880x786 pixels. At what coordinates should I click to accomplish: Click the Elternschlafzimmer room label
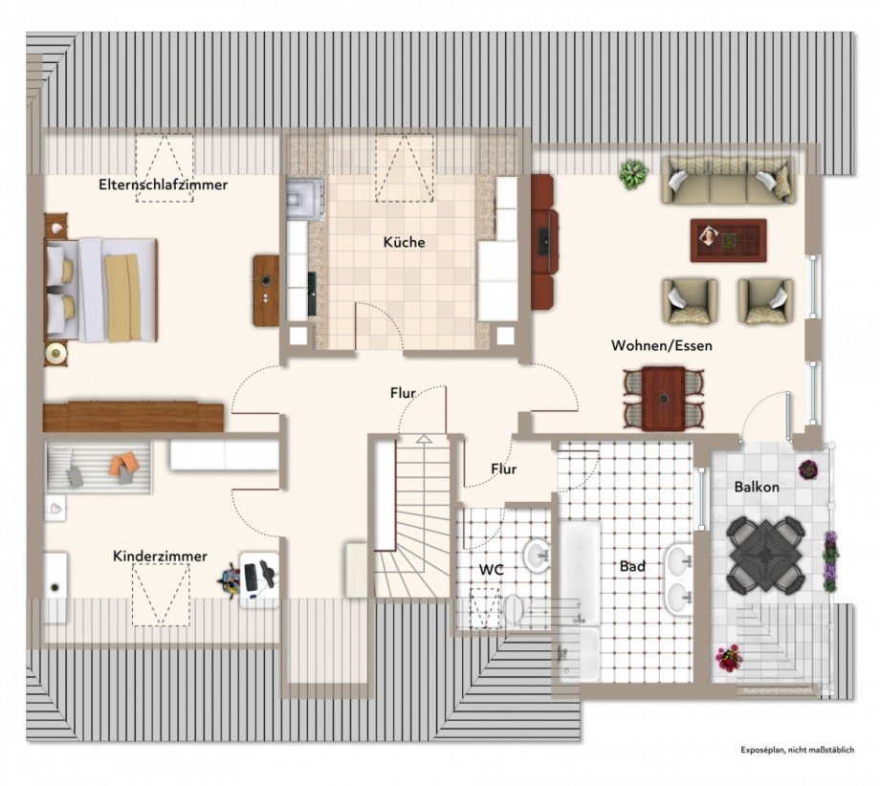click(163, 185)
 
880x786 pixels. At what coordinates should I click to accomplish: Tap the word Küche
click(404, 242)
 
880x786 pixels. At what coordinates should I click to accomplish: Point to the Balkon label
click(757, 487)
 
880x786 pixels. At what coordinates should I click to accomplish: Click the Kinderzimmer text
click(160, 556)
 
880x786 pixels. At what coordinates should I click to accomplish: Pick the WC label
click(492, 569)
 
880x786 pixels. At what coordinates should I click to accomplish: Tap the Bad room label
click(632, 566)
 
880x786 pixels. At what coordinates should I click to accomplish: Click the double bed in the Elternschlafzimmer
click(101, 290)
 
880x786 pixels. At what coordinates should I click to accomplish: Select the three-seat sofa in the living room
click(728, 180)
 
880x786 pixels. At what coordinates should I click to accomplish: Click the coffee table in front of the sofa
click(728, 239)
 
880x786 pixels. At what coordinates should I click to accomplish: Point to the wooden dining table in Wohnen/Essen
click(663, 399)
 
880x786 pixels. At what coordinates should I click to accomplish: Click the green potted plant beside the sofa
click(632, 175)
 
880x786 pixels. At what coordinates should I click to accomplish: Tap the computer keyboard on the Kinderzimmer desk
click(251, 576)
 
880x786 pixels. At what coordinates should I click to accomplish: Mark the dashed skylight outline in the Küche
click(405, 167)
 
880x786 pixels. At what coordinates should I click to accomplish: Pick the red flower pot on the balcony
click(729, 657)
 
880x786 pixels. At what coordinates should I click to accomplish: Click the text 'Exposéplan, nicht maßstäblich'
click(796, 751)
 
